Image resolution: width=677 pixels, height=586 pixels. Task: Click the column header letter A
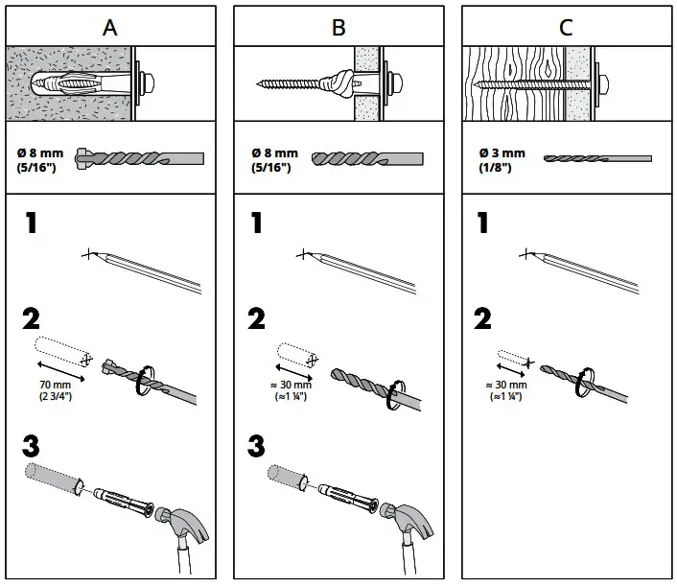pos(111,26)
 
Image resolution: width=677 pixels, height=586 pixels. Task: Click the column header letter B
pos(338,26)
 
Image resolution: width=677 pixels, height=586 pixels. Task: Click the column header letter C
pos(566,26)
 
